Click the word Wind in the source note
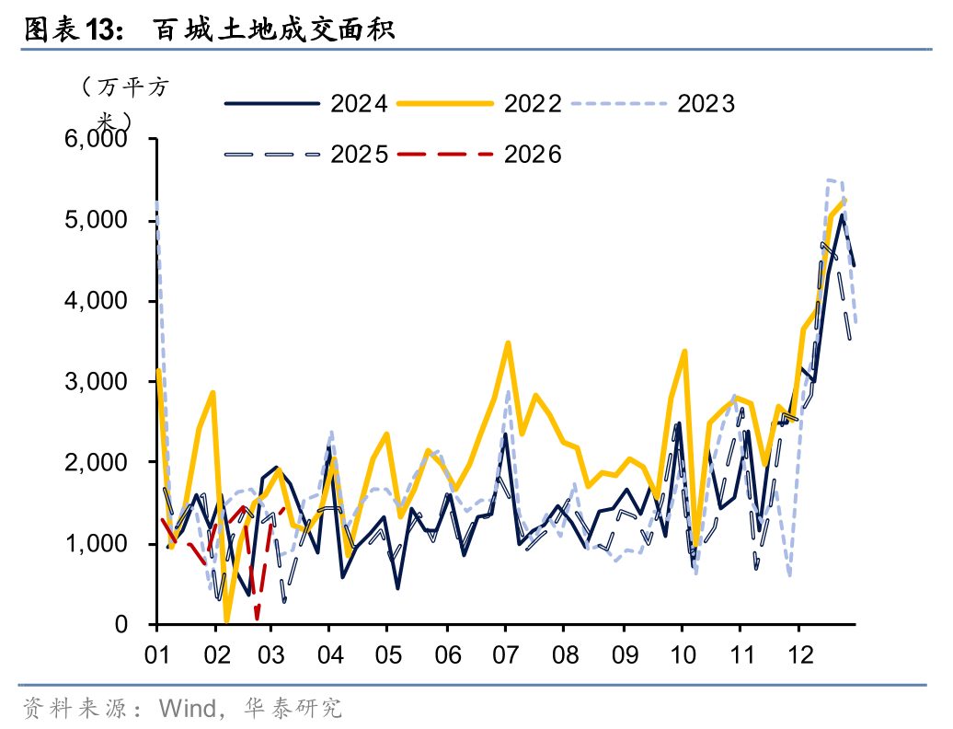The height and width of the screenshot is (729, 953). tap(187, 708)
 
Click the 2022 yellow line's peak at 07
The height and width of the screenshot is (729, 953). tap(508, 343)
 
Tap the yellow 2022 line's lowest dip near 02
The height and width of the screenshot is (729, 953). tap(226, 621)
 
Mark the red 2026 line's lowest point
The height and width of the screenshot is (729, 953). tap(257, 618)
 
